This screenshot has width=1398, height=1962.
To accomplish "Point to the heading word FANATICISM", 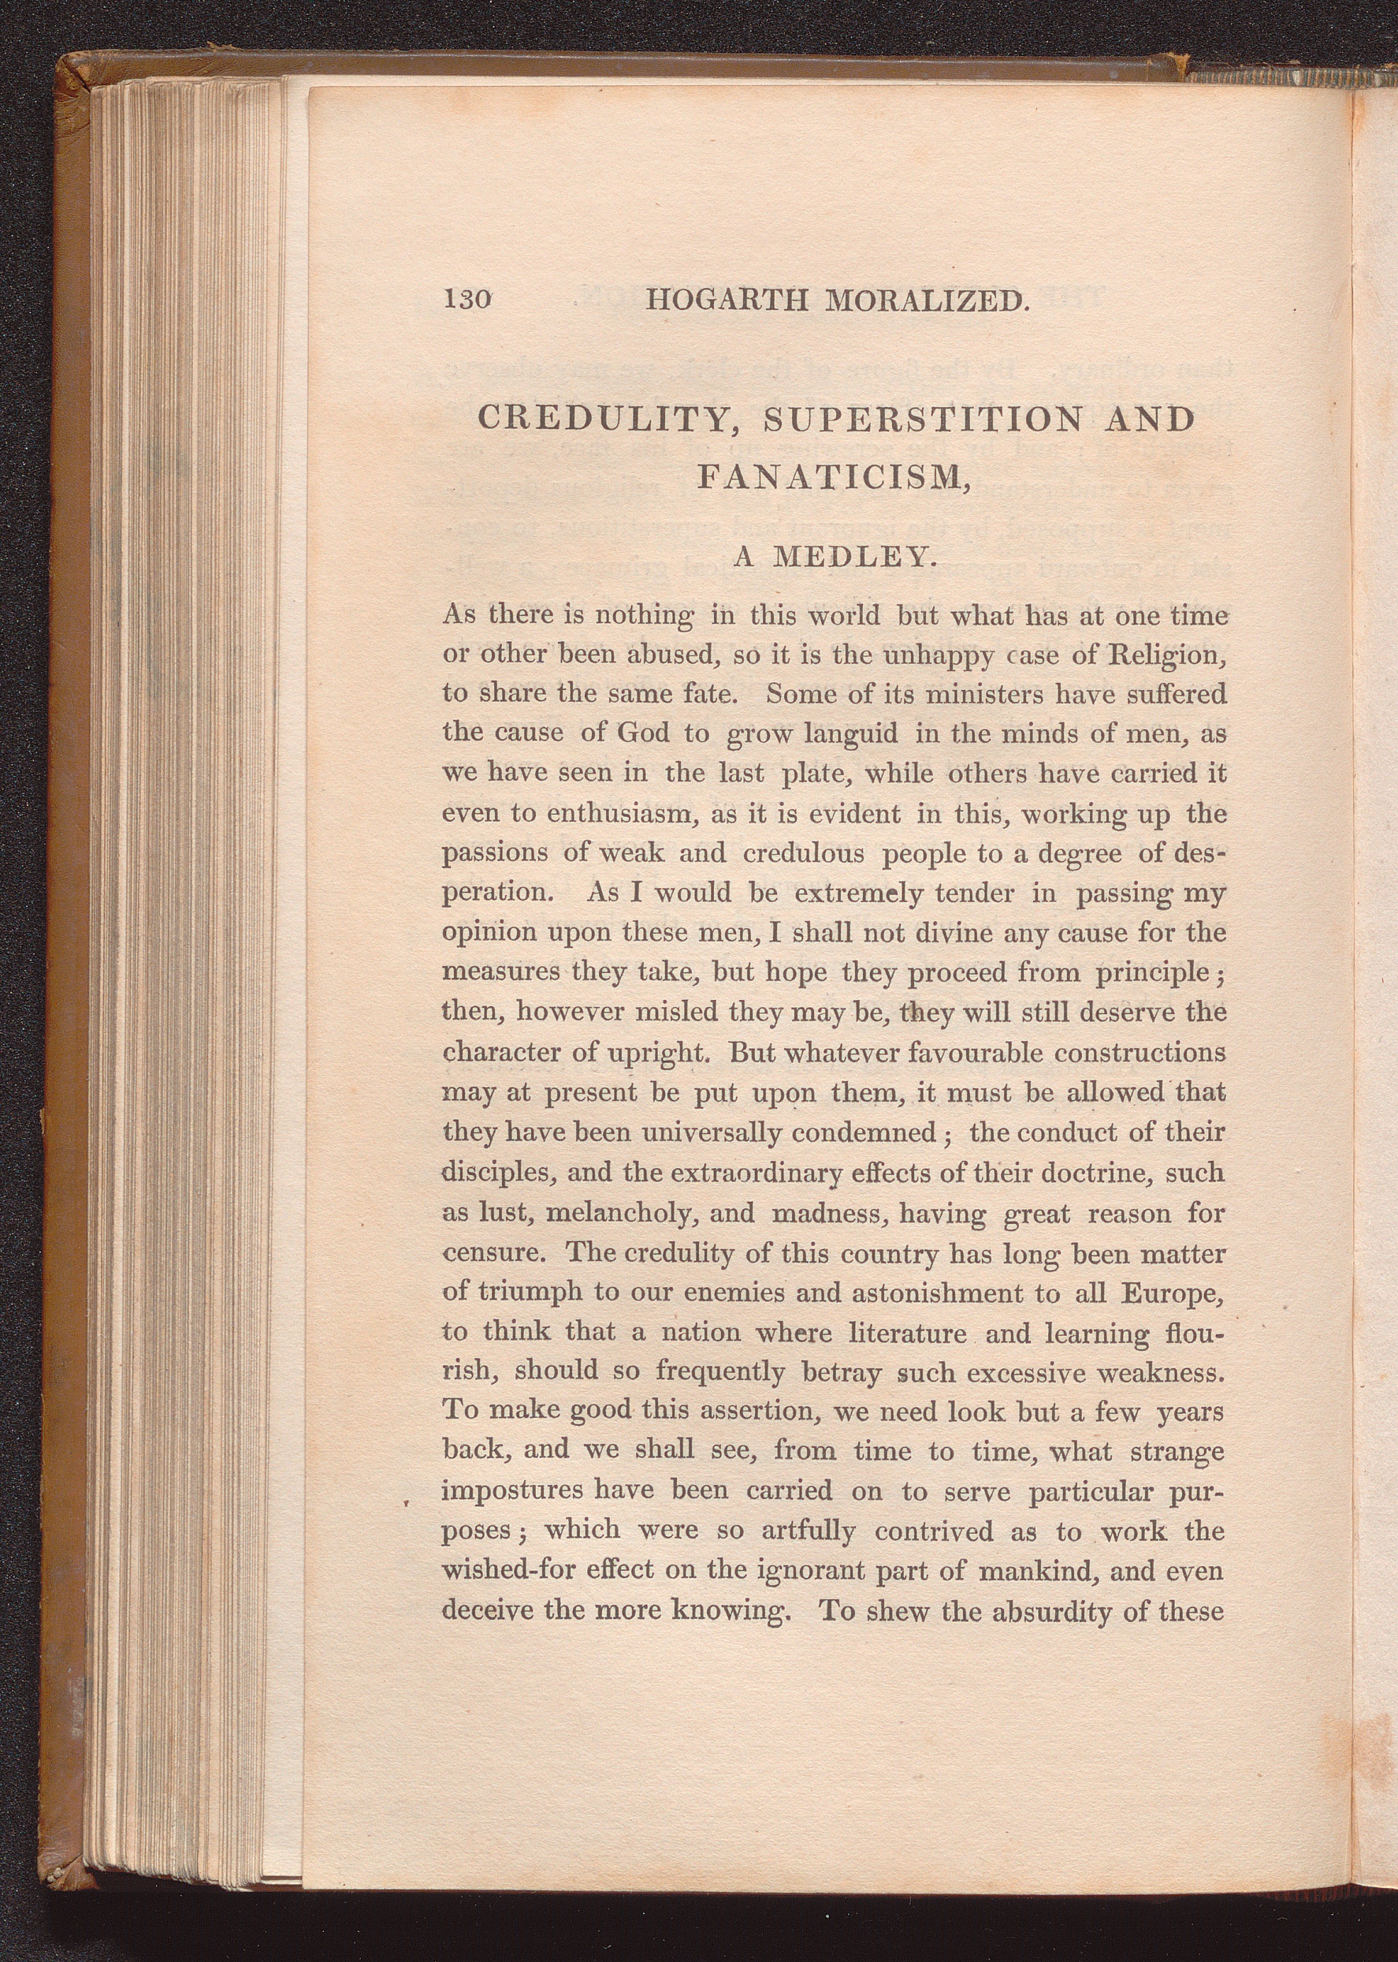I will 831,476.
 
